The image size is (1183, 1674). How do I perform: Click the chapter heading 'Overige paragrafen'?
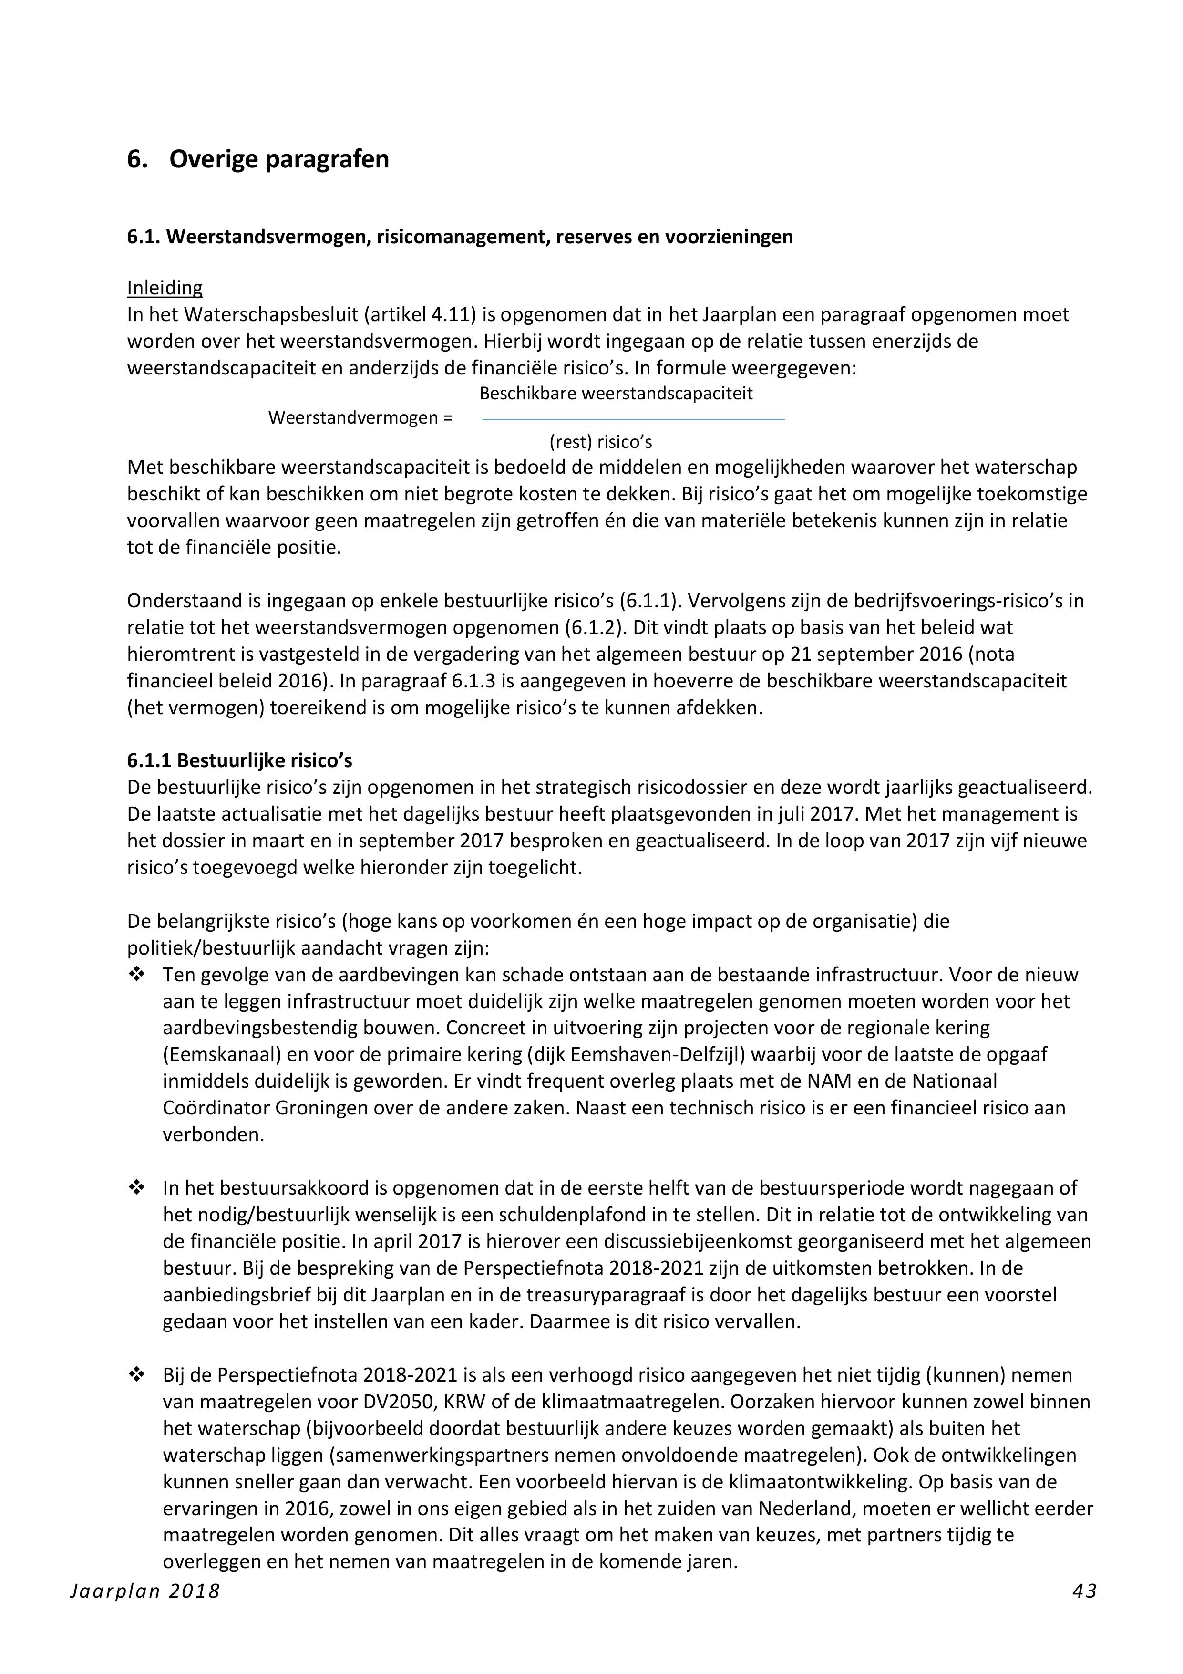click(278, 159)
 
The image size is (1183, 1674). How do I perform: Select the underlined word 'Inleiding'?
click(165, 288)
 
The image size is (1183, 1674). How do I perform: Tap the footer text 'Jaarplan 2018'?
click(145, 1591)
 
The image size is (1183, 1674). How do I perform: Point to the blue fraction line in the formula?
click(633, 419)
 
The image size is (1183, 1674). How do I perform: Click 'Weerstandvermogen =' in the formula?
click(360, 418)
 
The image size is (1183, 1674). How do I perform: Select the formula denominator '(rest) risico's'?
click(601, 442)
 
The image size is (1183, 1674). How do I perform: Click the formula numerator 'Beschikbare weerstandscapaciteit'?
click(616, 394)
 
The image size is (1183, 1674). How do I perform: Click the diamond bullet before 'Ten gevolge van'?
click(135, 974)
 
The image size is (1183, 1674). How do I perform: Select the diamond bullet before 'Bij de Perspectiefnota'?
click(135, 1375)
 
